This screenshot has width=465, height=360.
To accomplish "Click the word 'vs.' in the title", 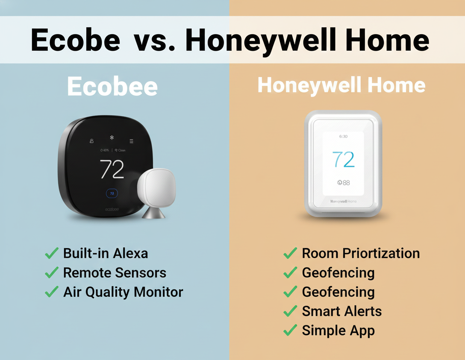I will tap(154, 40).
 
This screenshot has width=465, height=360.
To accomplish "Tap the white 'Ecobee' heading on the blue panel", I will tap(112, 87).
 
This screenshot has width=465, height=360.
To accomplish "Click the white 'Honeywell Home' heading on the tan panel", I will tap(341, 85).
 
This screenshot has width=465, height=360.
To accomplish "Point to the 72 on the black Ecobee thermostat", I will tap(112, 169).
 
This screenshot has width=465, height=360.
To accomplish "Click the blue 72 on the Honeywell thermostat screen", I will tap(343, 160).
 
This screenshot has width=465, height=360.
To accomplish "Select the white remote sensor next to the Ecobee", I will tap(156, 188).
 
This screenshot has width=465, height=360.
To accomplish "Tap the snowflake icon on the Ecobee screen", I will tap(112, 138).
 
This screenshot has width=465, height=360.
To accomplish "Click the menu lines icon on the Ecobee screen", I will tap(132, 141).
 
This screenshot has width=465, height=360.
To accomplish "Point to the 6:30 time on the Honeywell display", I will tap(343, 137).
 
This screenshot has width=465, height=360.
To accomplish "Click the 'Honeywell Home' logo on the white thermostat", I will tap(343, 201).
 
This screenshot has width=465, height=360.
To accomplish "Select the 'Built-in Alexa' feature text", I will tap(105, 253).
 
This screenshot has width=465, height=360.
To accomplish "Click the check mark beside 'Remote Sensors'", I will tap(52, 272).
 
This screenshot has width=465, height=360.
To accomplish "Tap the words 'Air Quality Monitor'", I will tap(123, 292).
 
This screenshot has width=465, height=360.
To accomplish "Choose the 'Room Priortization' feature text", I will tap(361, 253).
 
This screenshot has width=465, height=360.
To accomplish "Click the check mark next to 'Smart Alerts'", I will tap(290, 311).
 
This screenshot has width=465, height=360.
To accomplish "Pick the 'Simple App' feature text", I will tap(338, 331).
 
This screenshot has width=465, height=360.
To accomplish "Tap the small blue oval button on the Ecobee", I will tap(112, 193).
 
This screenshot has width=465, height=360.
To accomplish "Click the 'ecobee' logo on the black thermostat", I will tap(112, 209).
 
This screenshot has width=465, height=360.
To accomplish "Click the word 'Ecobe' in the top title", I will tap(75, 40).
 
